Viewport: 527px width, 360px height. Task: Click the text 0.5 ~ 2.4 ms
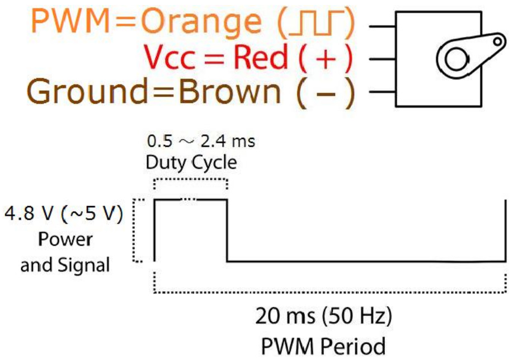(200, 141)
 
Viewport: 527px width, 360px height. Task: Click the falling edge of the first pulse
(227, 230)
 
